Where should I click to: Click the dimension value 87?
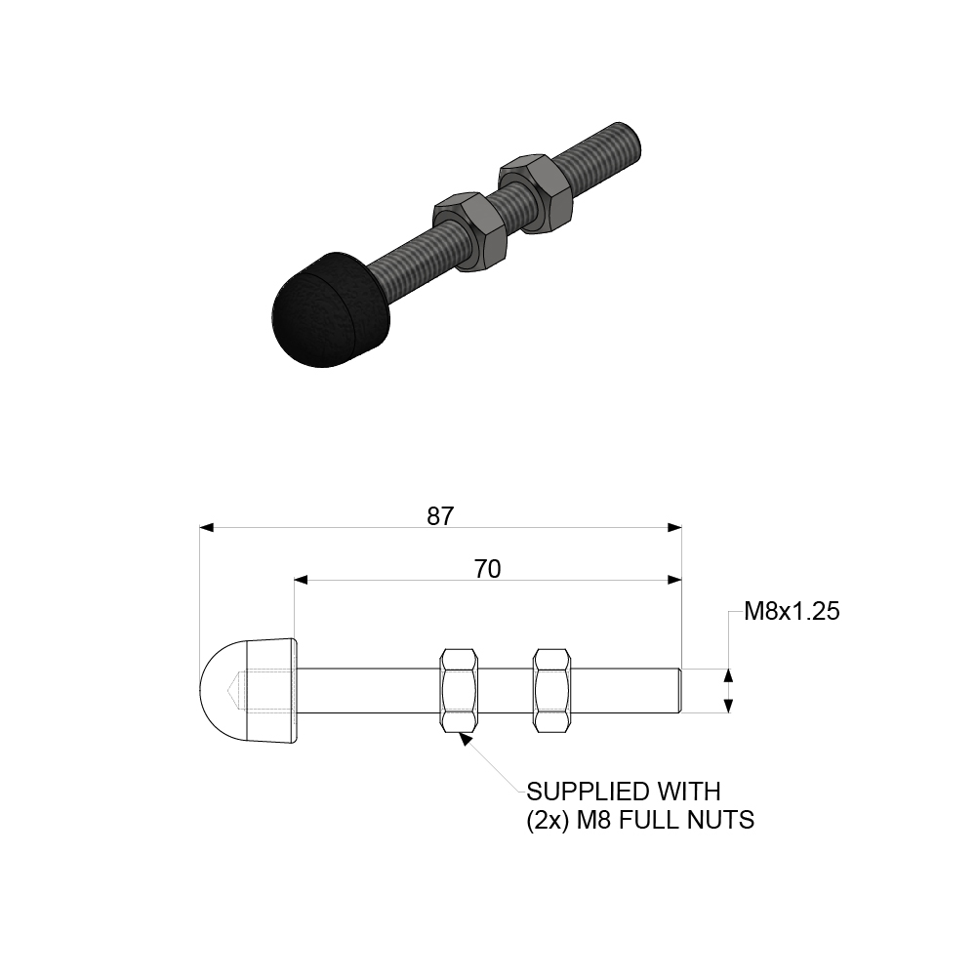pyautogui.click(x=440, y=516)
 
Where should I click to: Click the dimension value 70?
pyautogui.click(x=487, y=569)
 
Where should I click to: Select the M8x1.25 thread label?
pyautogui.click(x=792, y=612)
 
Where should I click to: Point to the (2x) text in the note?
pyautogui.click(x=548, y=820)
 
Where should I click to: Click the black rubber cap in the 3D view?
pyautogui.click(x=328, y=307)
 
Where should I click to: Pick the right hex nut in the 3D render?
pyautogui.click(x=534, y=191)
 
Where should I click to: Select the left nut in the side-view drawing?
pyautogui.click(x=460, y=690)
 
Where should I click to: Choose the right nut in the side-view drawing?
pyautogui.click(x=551, y=690)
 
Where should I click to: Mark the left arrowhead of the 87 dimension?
pyautogui.click(x=206, y=527)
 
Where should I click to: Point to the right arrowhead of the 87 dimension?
pyautogui.click(x=673, y=527)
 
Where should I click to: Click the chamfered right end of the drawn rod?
pyautogui.click(x=677, y=690)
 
